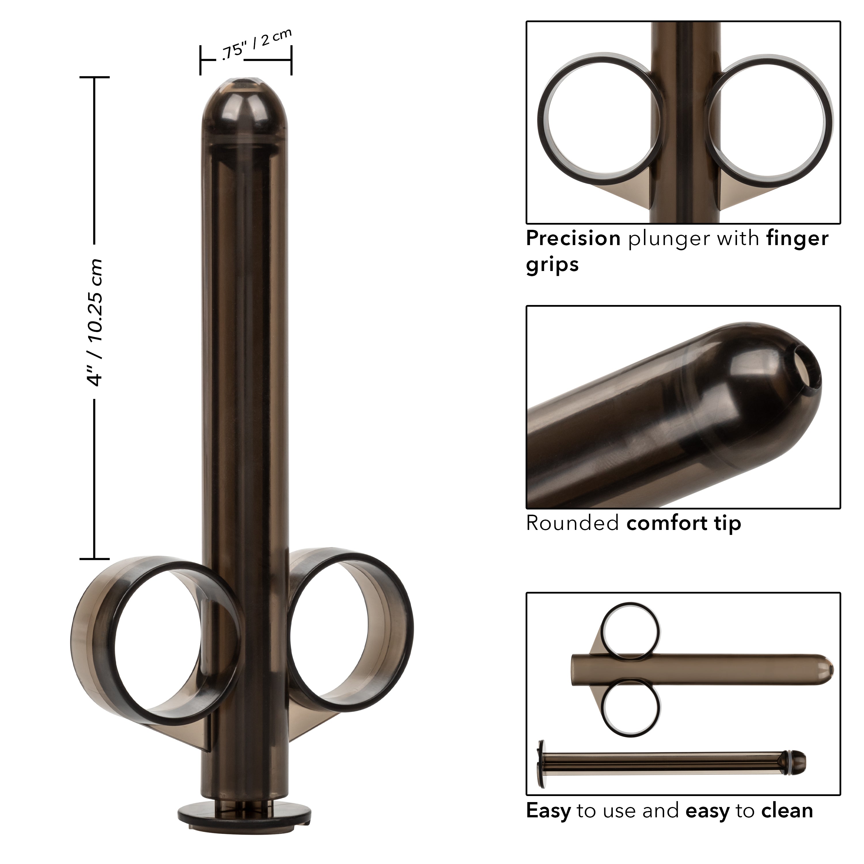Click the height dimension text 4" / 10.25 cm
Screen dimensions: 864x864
95,322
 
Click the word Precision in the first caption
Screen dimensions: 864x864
573,239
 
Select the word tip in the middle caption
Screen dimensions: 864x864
727,523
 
